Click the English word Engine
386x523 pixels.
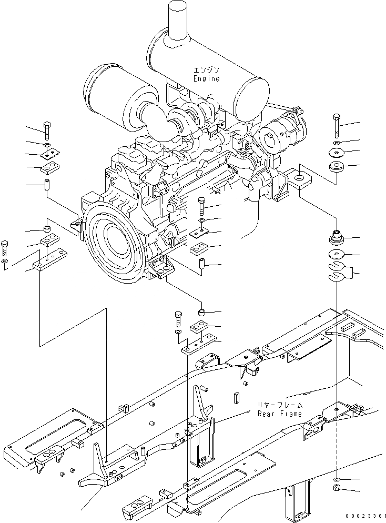[x=206, y=78]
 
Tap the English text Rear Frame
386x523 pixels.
[x=280, y=414]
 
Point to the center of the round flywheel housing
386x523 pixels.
[x=114, y=232]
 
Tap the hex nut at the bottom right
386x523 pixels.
[x=337, y=490]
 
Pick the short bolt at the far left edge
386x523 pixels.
[x=5, y=248]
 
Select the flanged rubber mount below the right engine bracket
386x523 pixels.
[x=336, y=238]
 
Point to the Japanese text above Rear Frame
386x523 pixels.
[x=280, y=405]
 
